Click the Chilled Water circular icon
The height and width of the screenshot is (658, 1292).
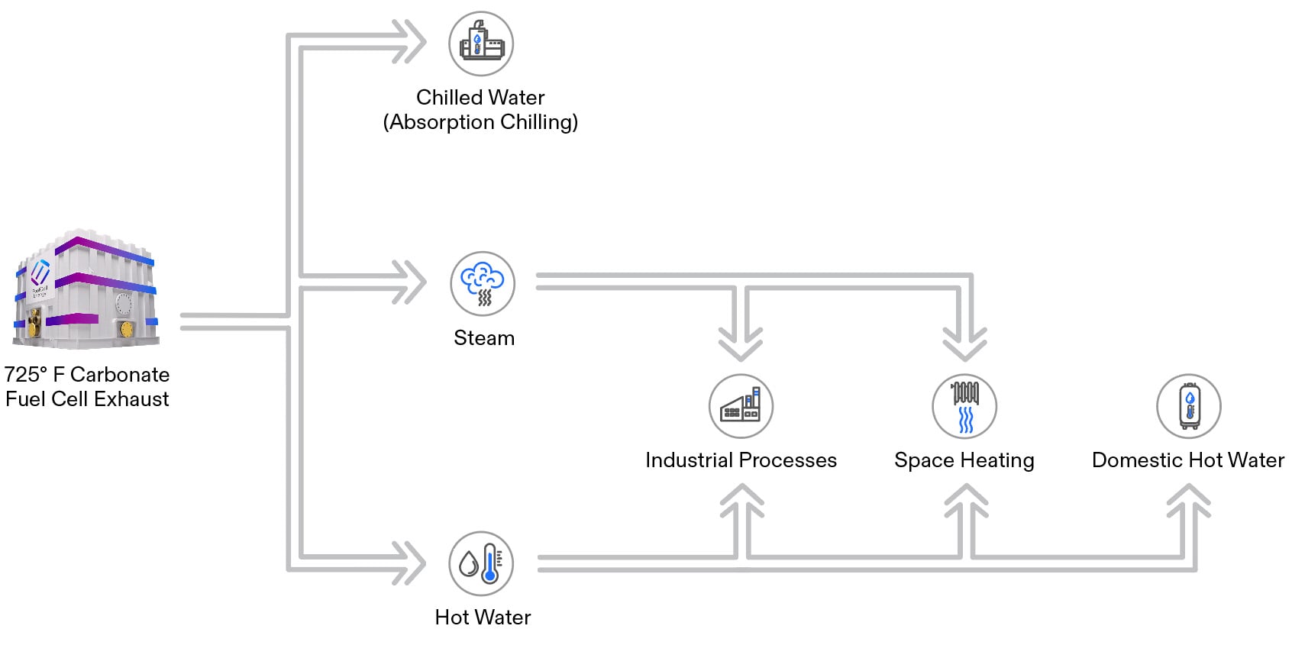480,44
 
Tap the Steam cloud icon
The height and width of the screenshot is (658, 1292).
483,283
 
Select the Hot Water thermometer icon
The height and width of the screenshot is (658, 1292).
481,563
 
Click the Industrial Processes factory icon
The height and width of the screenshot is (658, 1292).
741,405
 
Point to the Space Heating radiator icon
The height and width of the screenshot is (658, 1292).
964,405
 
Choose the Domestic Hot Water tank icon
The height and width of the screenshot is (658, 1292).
1188,405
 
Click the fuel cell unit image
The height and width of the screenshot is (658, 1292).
86,290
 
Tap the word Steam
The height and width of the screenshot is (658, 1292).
484,338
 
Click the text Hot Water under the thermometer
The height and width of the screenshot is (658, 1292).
483,618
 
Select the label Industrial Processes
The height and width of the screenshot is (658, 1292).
741,460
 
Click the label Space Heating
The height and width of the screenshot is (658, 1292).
964,460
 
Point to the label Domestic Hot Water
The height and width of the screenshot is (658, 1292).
1188,460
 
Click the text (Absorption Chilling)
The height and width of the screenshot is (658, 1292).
480,122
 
